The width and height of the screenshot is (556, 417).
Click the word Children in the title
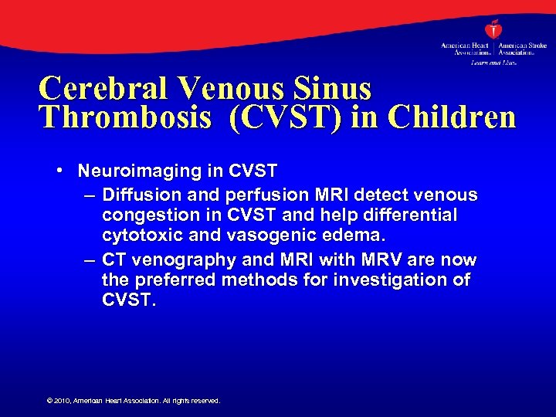(452, 117)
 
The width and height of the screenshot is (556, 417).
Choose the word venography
(176, 259)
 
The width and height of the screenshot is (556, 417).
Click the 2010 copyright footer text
(134, 401)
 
